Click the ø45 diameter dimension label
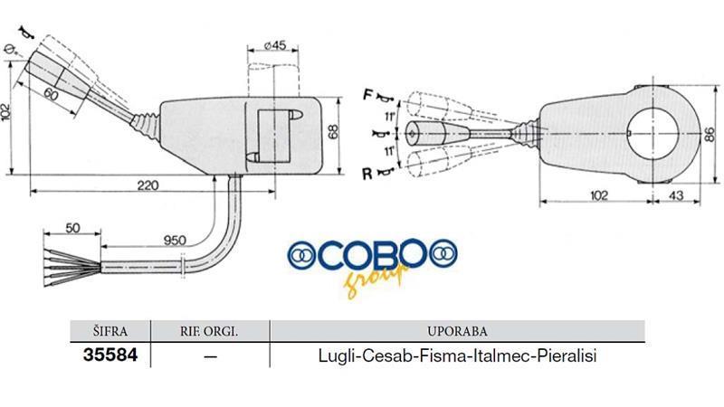point(275,45)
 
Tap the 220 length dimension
point(148,185)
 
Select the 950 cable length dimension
point(175,240)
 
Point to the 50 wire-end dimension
point(72,228)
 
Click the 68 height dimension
point(333,131)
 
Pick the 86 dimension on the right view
point(710,135)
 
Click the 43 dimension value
point(675,195)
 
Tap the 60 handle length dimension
point(51,95)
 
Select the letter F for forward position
point(367,95)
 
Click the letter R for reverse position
point(367,174)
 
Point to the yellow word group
point(376,279)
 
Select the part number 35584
point(110,355)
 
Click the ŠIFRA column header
point(110,331)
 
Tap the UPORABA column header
point(457,331)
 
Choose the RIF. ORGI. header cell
point(209,331)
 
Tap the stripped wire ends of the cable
point(71,268)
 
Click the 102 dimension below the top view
point(599,195)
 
